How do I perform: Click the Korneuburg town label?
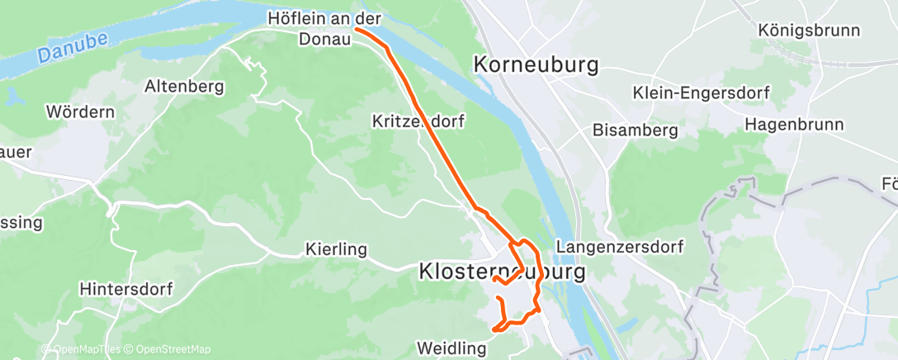tap(536, 65)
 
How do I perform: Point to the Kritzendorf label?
tap(417, 121)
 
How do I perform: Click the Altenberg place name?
tap(184, 85)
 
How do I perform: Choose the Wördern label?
tap(80, 111)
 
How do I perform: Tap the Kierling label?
tap(335, 248)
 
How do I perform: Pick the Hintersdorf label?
tap(125, 290)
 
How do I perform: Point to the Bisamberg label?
tap(636, 130)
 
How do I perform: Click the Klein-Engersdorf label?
tap(700, 92)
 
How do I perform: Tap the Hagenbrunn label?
tap(794, 125)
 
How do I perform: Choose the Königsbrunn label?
tap(809, 31)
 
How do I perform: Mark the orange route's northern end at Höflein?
tap(356, 29)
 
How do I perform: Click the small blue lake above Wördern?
tap(14, 97)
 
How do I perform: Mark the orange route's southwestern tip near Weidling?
tap(494, 330)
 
